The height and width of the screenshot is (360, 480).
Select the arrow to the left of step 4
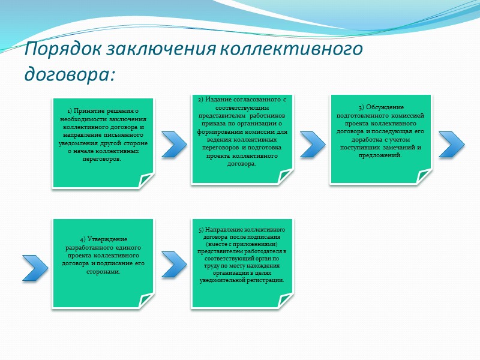point(35,268)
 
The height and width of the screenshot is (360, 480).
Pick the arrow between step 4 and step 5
point(174,264)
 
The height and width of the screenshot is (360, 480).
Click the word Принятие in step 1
point(90,112)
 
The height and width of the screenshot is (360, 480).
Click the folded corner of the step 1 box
point(146,179)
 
